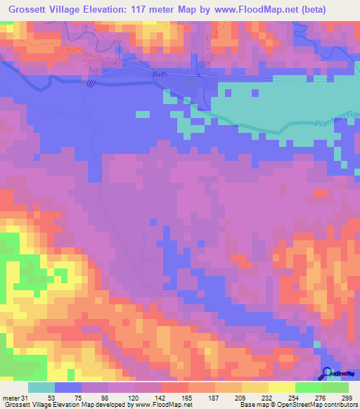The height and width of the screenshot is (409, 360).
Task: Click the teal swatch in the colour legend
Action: click(x=41, y=387)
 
